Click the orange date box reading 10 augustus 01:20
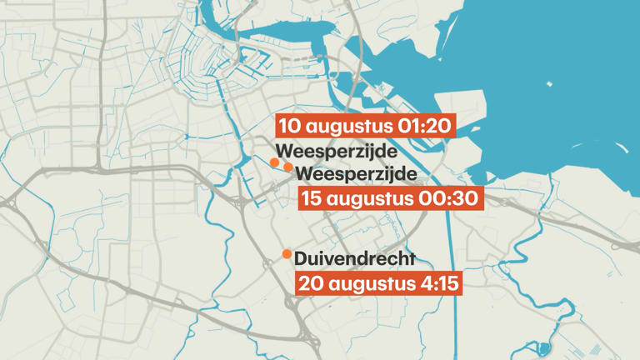[366, 127]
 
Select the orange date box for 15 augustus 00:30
[389, 198]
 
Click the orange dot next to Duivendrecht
[287, 254]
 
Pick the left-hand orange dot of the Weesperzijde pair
[274, 162]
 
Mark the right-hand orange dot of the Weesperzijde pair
[287, 167]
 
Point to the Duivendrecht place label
[354, 259]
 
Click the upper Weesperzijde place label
[336, 152]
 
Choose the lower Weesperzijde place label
[356, 174]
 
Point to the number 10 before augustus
[291, 127]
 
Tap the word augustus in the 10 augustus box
[348, 127]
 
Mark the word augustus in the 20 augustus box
[368, 283]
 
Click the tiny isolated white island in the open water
[549, 84]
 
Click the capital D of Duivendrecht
[301, 259]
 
